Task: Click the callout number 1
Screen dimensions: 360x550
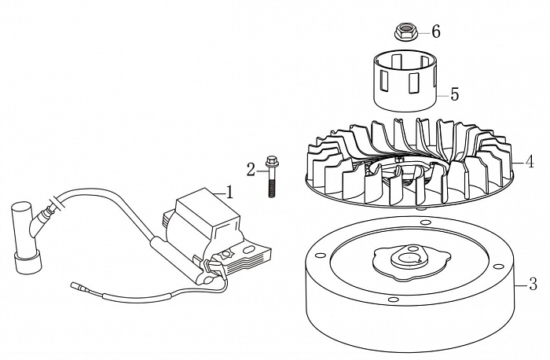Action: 229,191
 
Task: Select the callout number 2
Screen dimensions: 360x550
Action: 251,168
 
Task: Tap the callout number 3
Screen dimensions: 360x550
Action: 532,281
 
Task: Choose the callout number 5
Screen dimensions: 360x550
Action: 454,94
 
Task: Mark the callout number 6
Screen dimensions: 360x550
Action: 435,31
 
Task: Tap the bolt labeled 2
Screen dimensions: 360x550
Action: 271,177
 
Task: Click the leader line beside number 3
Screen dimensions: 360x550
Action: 521,281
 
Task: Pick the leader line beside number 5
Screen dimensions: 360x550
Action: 442,95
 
